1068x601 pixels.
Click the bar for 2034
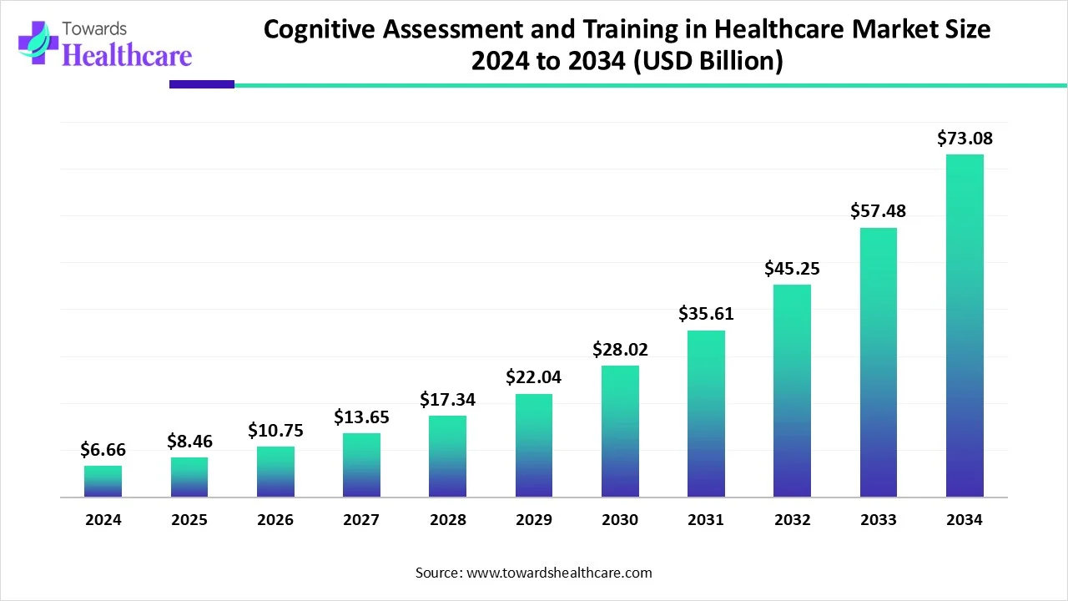[x=965, y=326]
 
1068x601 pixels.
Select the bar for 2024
[x=103, y=482]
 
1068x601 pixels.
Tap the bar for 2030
[x=620, y=432]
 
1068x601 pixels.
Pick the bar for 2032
[x=792, y=391]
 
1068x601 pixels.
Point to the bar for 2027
[x=361, y=465]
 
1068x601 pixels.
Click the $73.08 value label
[x=965, y=139]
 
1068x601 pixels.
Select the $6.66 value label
[x=103, y=450]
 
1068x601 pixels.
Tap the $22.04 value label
[x=533, y=377]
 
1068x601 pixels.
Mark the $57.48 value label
[x=878, y=211]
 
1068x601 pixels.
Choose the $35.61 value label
[x=706, y=314]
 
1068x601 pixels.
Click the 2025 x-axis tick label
[x=189, y=520]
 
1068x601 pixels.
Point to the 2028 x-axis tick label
[x=448, y=520]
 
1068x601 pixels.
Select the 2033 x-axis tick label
[x=878, y=520]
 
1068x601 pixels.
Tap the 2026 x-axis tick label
[x=275, y=520]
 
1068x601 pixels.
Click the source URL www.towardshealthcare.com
[x=558, y=573]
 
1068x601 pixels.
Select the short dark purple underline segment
[x=202, y=84]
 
